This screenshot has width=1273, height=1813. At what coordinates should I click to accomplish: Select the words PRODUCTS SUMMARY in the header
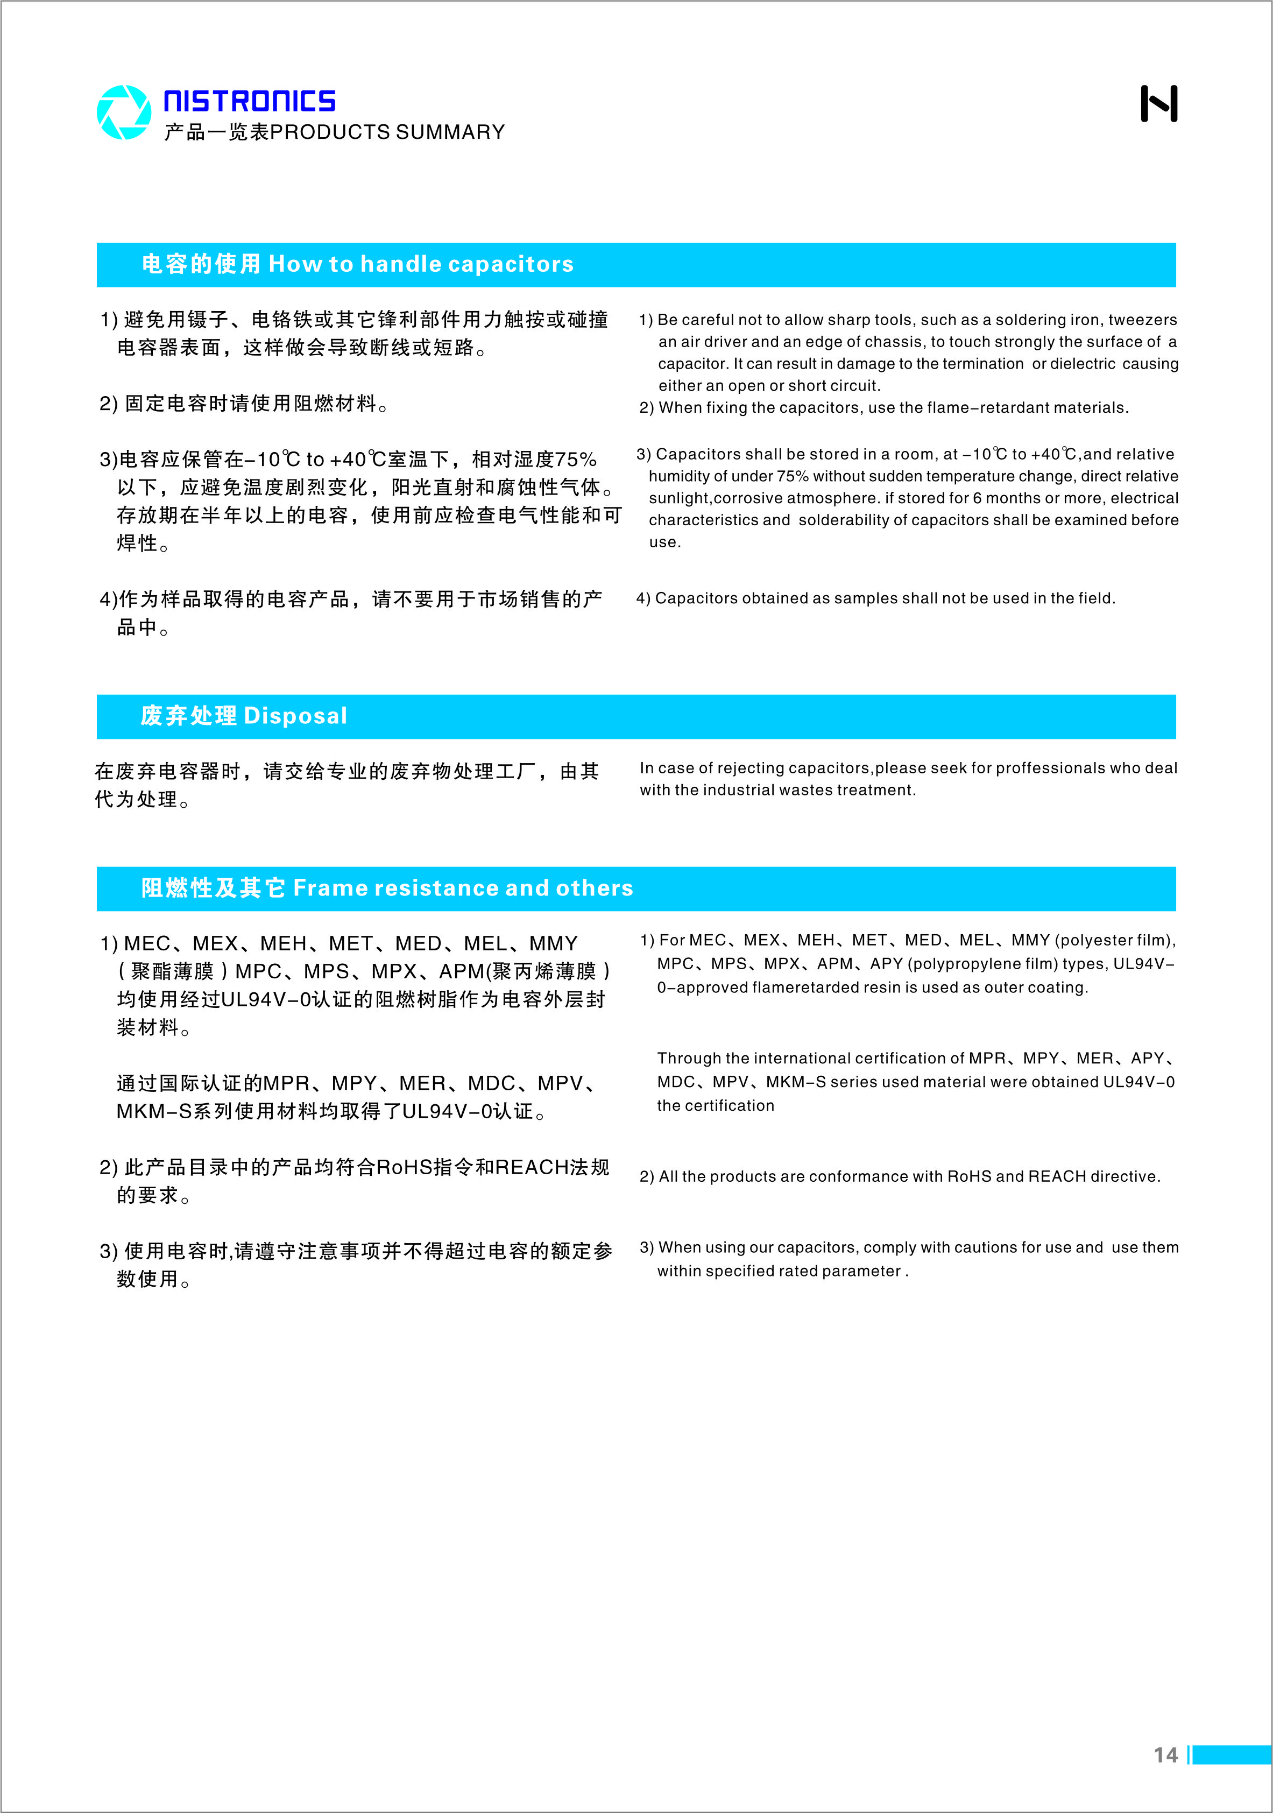387,132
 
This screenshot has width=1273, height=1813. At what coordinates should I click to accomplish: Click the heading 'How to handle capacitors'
421,264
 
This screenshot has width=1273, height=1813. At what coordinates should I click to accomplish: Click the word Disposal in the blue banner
295,716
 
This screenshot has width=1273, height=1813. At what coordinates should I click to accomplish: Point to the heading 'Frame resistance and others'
463,888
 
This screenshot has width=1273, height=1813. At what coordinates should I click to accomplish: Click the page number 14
1165,1755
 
